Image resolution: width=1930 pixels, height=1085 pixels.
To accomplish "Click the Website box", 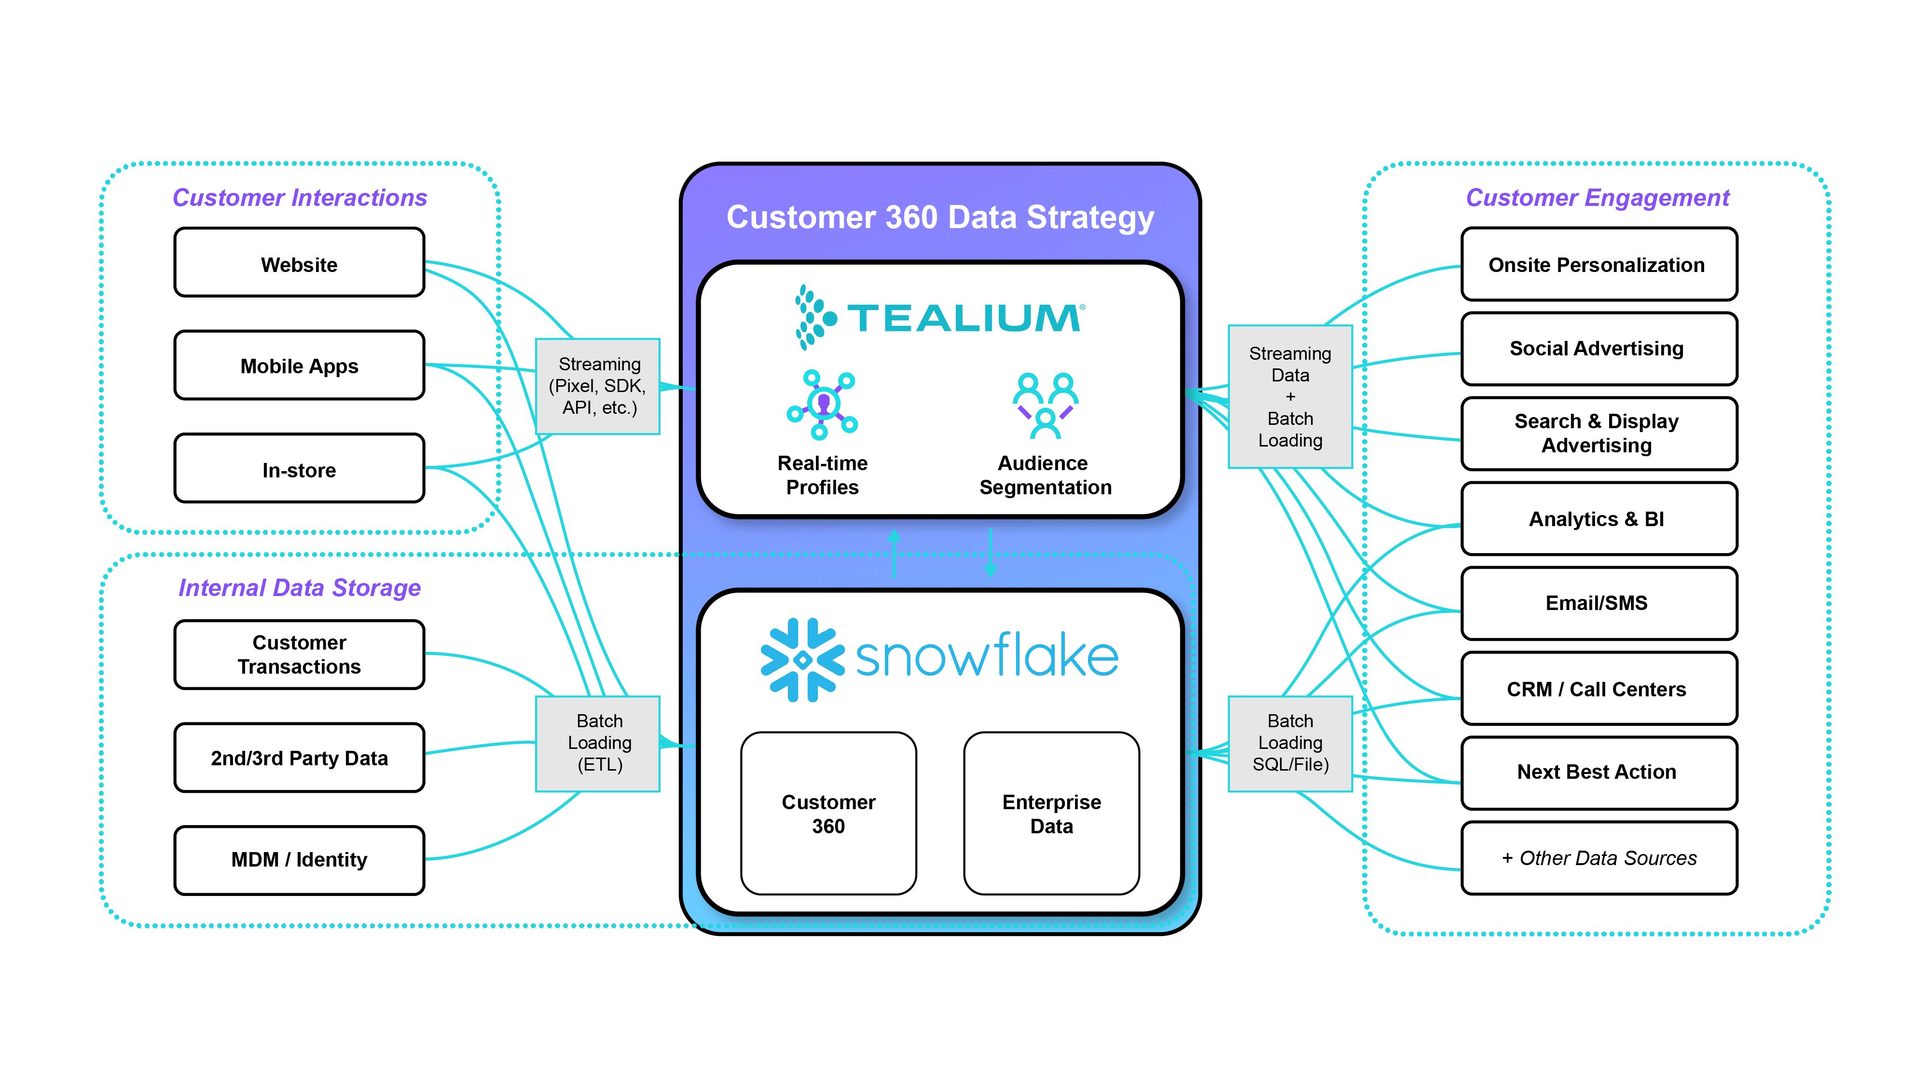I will coord(299,264).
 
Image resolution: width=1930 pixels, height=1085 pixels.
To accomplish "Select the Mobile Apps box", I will coord(299,366).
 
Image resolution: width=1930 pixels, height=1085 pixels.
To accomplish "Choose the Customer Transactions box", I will coord(299,654).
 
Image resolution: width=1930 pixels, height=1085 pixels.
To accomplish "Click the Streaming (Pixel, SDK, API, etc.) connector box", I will coord(598,386).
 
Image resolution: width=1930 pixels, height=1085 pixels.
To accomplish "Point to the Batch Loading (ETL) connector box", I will coord(598,743).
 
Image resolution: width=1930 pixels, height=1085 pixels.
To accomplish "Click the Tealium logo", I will coord(939,317).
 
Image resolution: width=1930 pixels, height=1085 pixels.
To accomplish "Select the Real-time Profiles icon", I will coord(822,405).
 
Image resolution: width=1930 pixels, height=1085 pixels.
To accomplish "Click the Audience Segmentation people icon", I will coord(1045,405).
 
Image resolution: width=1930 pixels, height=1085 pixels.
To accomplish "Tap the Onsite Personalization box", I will coord(1598,264).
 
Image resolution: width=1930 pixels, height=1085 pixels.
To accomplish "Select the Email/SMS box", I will coord(1598,603).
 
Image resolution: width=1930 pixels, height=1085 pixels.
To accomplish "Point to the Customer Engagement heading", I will coord(1598,198).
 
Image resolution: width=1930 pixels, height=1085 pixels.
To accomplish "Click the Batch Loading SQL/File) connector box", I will coord(1289,743).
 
